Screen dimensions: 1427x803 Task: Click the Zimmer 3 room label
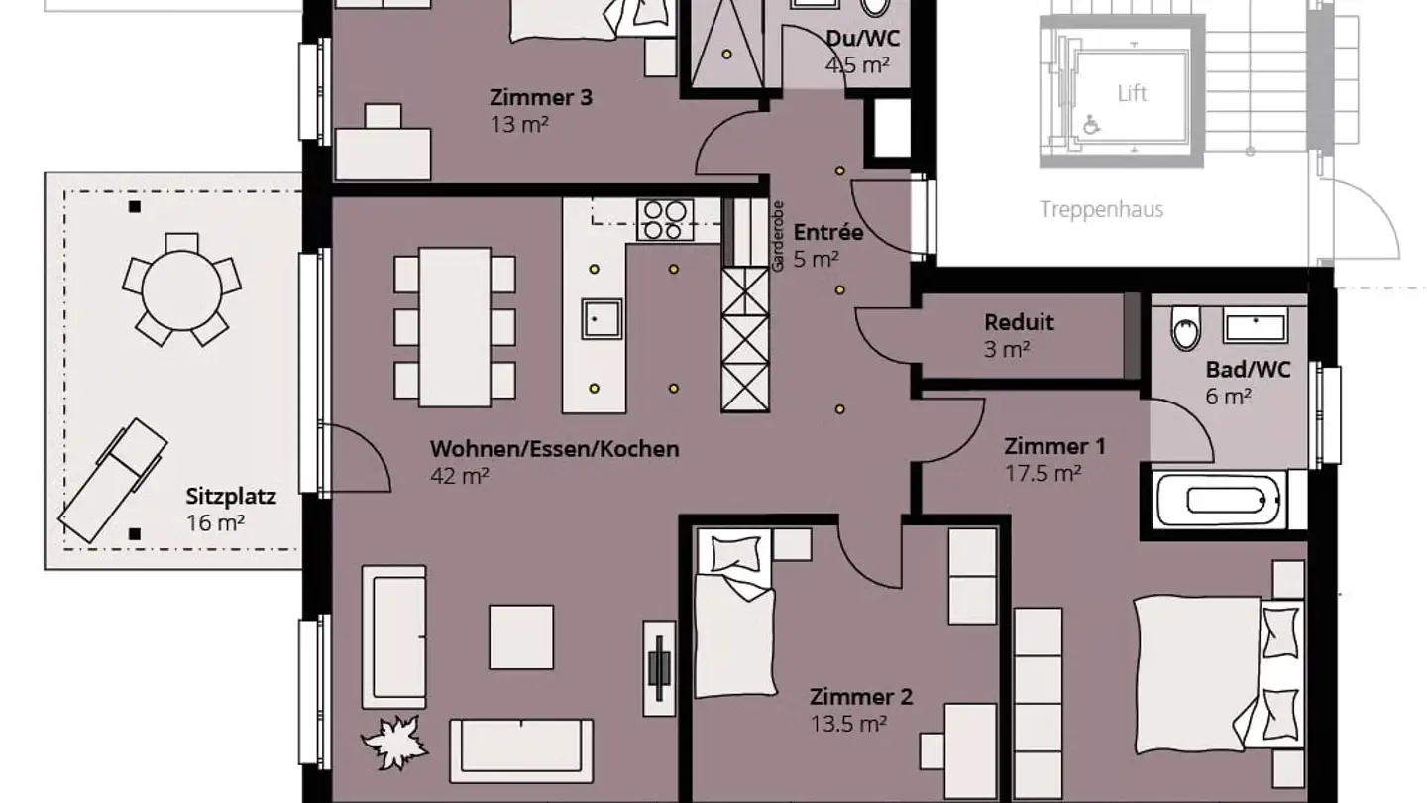click(541, 97)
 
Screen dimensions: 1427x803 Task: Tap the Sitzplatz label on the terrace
click(231, 496)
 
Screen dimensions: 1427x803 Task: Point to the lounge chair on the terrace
click(113, 481)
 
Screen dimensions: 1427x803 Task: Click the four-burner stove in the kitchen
click(665, 220)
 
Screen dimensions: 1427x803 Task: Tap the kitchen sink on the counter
click(602, 319)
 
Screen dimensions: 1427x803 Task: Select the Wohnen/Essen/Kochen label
click(555, 449)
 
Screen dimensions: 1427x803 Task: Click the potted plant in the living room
click(395, 743)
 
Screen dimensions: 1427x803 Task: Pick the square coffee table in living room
click(521, 637)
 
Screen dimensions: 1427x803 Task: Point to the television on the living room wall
click(659, 668)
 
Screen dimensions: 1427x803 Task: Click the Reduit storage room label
click(1019, 322)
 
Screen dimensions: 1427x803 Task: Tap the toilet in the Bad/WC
click(1185, 327)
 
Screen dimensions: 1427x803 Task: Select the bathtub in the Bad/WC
click(1219, 501)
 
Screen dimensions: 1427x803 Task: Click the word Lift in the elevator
click(1132, 93)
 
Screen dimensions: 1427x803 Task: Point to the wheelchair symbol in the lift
click(1091, 124)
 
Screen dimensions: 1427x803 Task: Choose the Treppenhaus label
click(1102, 210)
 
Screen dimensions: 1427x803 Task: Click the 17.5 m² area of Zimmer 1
click(1043, 473)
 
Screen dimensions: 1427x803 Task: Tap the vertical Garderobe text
click(777, 236)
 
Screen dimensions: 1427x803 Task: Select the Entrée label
click(828, 233)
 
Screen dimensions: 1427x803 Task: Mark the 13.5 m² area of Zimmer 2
click(848, 724)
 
